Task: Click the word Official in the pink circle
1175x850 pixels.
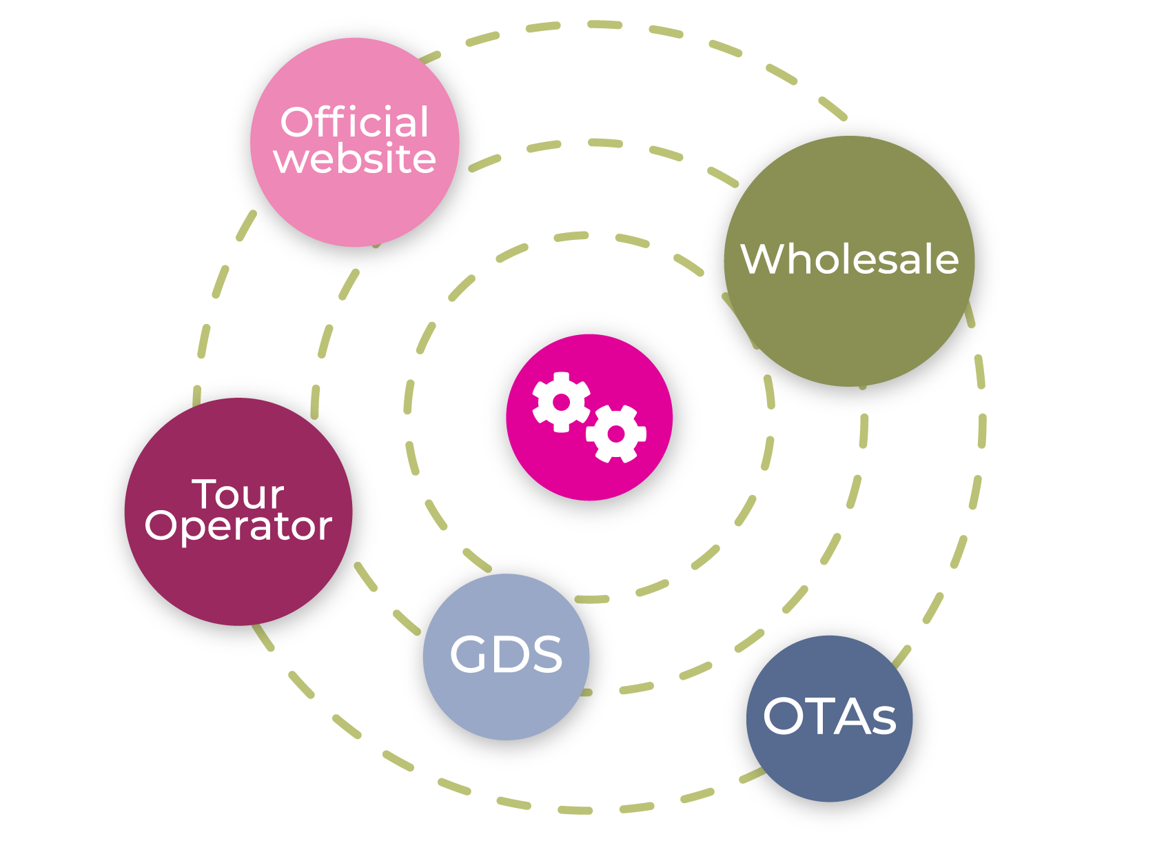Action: (x=354, y=123)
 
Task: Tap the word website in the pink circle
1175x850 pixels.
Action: (x=354, y=159)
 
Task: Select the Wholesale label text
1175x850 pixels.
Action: (x=849, y=259)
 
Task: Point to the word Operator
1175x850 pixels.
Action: (x=238, y=526)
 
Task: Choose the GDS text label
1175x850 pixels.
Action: (x=506, y=654)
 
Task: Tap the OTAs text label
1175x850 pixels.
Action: (x=829, y=717)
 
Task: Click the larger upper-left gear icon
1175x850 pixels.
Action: (x=561, y=402)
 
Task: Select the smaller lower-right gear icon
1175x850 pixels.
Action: (x=616, y=434)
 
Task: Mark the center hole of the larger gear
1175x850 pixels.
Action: (x=561, y=402)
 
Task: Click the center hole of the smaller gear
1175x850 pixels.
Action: (x=616, y=434)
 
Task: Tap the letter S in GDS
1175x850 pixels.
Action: (x=546, y=654)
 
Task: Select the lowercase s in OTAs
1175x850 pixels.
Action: (x=883, y=721)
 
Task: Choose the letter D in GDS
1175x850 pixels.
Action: (x=507, y=654)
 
